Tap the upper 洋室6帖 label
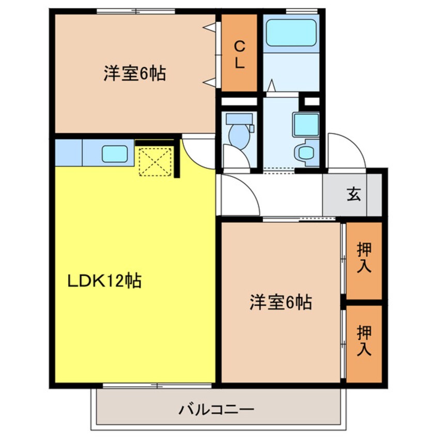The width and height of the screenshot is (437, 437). point(134,74)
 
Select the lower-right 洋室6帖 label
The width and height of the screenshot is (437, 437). point(280,302)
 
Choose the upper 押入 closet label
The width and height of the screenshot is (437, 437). point(364,258)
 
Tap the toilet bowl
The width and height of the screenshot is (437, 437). point(239,133)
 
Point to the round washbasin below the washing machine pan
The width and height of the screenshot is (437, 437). point(306,153)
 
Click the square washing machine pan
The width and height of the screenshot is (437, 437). point(305,124)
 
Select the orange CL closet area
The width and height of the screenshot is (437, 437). point(239,52)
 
